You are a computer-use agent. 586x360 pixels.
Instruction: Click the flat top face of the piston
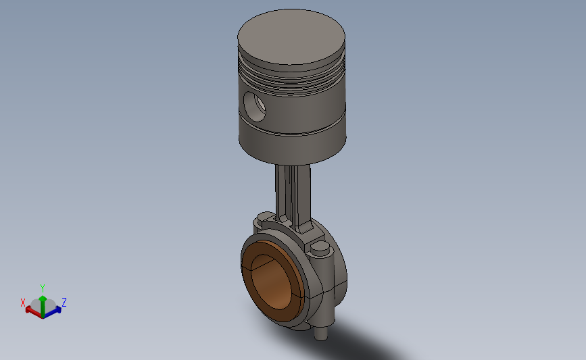(291, 36)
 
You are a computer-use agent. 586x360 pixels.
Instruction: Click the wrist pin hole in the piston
(255, 107)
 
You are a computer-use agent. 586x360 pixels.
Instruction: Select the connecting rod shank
(293, 195)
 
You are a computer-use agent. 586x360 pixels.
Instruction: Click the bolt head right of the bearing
(320, 248)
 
